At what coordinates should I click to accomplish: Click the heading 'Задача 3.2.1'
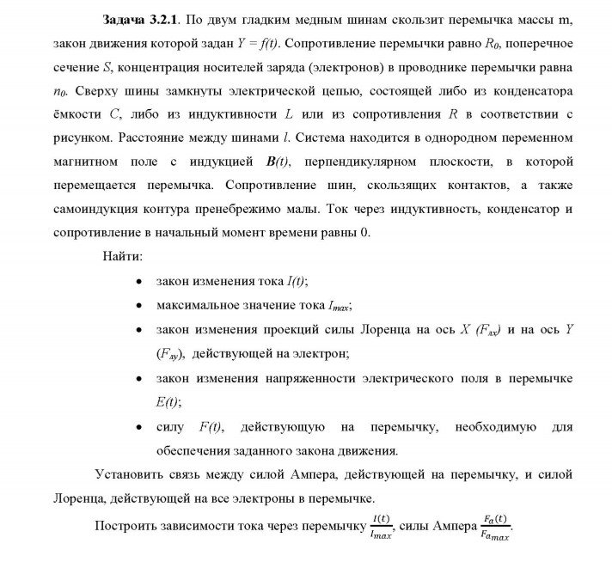140,20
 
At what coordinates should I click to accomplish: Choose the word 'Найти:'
123,257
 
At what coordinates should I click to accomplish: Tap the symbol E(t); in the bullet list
169,400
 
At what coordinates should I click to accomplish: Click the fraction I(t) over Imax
380,526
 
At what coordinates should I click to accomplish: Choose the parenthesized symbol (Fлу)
171,352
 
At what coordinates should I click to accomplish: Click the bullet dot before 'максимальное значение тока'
139,305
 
